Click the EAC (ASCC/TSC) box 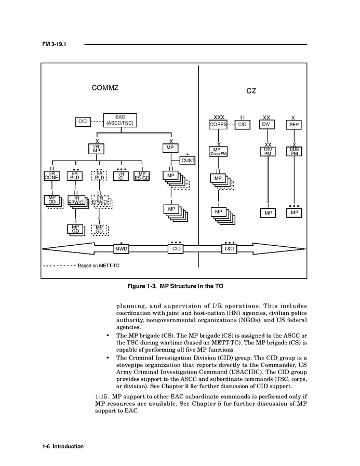point(120,121)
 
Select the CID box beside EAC point(82,122)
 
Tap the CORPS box point(218,125)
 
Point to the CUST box point(188,161)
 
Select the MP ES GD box point(142,176)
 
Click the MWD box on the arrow point(121,249)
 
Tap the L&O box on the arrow point(229,249)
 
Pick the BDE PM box point(294,151)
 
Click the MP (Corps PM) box point(218,151)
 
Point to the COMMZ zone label point(104,88)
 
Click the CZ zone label point(251,91)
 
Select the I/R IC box point(121,176)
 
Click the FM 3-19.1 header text point(54,44)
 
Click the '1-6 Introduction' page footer point(62,446)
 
